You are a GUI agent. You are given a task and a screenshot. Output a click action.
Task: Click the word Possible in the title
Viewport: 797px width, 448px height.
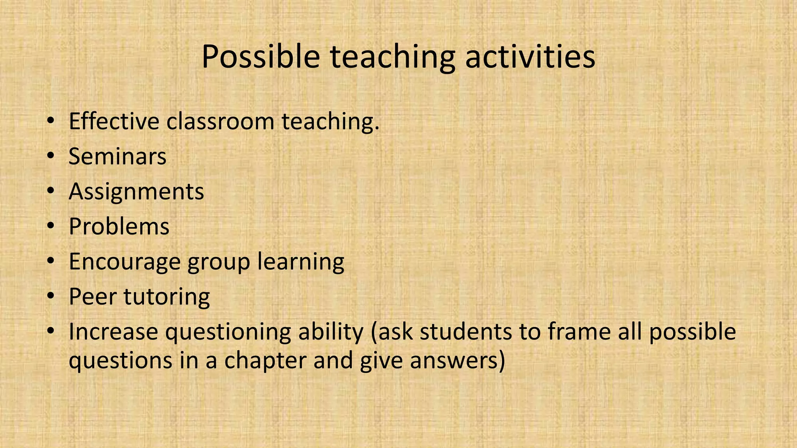[x=260, y=57]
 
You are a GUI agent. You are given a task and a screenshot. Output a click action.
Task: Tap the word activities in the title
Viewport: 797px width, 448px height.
[x=530, y=57]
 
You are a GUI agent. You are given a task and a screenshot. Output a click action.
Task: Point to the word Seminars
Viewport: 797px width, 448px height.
[x=118, y=156]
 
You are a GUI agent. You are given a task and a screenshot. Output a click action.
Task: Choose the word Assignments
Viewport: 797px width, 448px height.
[x=136, y=192]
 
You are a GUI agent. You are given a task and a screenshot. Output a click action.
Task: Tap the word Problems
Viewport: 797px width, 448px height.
[x=119, y=226]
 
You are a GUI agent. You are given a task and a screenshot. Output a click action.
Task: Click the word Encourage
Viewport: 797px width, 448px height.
[x=125, y=262]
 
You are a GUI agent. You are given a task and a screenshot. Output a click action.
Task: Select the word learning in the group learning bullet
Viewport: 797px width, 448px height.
[x=300, y=262]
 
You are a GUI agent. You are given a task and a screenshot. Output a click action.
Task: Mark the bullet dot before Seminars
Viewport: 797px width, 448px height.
[x=50, y=156]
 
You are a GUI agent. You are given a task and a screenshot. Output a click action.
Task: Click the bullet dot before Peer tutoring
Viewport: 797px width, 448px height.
[x=50, y=297]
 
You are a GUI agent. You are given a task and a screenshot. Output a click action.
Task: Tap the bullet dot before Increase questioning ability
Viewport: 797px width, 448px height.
[x=50, y=332]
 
